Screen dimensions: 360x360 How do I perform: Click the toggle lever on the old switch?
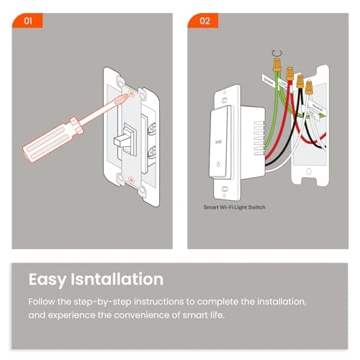[125, 137]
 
